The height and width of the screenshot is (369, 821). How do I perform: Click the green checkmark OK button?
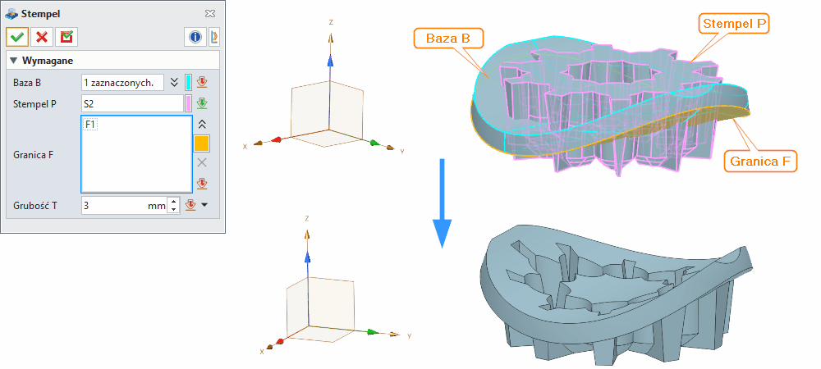17,37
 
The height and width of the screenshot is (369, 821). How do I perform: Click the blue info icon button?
195,37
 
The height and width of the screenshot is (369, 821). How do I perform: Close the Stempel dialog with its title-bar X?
210,14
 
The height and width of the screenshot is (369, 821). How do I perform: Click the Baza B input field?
122,82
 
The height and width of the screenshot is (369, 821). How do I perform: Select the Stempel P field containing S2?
131,104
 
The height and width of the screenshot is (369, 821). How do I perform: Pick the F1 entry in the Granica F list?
91,125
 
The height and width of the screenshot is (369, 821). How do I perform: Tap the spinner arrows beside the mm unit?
173,206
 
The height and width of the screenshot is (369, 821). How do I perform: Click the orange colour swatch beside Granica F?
201,143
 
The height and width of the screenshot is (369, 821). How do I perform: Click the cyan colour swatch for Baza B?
189,82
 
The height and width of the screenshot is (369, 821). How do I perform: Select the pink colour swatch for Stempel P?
189,104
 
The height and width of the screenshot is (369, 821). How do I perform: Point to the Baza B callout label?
448,39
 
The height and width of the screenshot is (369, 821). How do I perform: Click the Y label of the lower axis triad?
408,337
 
